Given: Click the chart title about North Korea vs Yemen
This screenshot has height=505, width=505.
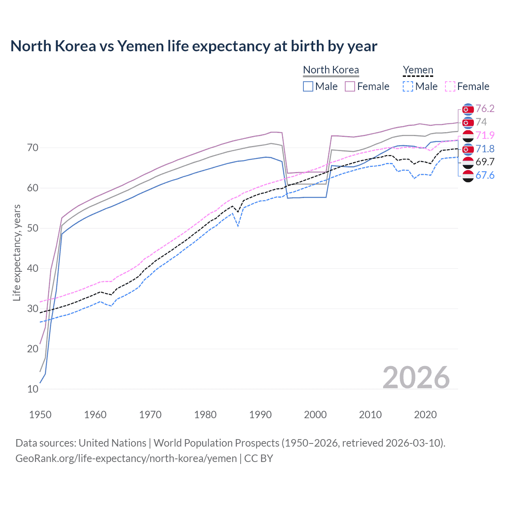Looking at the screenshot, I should (194, 46).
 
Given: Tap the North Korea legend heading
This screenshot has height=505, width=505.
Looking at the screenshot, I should (331, 70).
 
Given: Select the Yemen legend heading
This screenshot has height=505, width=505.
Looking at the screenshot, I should (418, 70).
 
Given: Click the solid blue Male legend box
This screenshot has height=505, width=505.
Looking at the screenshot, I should (308, 86).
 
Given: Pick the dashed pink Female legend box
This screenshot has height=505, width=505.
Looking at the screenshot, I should (450, 86).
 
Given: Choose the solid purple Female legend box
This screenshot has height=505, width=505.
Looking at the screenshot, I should (350, 86).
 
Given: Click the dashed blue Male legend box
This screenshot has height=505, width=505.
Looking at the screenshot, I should (408, 86).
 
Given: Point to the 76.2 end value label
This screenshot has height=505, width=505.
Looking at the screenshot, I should (485, 108).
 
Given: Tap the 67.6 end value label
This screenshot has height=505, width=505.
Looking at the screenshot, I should (485, 175).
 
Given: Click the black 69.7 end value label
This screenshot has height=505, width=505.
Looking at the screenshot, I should (485, 162).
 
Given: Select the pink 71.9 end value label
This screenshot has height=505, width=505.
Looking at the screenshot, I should (485, 135).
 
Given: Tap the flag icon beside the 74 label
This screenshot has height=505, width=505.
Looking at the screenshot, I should (468, 122).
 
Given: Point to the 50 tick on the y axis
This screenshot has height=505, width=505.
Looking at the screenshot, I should (33, 228).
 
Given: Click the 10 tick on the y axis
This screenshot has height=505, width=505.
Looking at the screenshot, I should (33, 389).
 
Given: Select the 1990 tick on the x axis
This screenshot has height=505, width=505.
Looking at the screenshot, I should (260, 415).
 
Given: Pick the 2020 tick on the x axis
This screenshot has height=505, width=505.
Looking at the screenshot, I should (425, 415).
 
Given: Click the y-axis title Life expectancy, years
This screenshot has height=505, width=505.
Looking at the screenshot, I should (17, 252).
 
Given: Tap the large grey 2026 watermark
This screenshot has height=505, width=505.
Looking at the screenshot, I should (416, 378).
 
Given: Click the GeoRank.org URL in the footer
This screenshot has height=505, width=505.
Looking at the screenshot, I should (126, 458).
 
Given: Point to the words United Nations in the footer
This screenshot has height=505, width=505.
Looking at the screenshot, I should (112, 443).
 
